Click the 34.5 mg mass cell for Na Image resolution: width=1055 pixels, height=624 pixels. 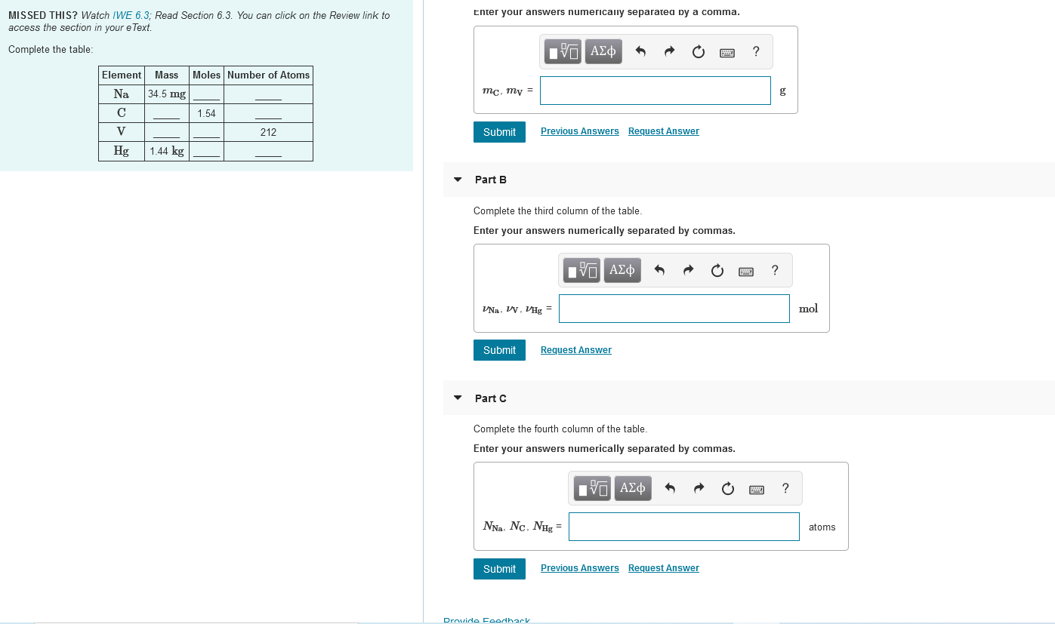[x=167, y=94]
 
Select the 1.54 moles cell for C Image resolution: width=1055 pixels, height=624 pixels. [x=206, y=113]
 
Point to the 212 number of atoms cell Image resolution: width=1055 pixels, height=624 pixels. [x=268, y=132]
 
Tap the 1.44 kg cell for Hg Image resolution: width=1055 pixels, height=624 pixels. [x=167, y=151]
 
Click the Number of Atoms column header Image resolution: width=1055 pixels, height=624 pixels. [x=268, y=75]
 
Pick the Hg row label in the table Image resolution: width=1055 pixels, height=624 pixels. [x=121, y=151]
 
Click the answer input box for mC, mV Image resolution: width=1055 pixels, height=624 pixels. [x=655, y=91]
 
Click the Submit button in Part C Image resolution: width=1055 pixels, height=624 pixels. [x=499, y=569]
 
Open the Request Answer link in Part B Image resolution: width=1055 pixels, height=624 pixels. [x=575, y=350]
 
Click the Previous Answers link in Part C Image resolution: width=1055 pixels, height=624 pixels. [x=579, y=568]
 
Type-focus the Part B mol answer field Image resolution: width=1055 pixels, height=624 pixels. [x=674, y=309]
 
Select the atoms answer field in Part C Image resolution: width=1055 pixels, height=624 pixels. [x=683, y=527]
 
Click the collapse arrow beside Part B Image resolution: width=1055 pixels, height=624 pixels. [x=457, y=180]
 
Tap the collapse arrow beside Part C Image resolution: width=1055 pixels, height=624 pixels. [x=457, y=398]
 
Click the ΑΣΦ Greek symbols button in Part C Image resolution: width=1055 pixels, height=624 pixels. [x=632, y=488]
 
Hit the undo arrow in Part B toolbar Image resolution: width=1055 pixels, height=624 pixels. [x=659, y=270]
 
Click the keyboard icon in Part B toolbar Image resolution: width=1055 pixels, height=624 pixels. [x=745, y=271]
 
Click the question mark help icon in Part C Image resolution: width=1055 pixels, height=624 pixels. [x=785, y=488]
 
